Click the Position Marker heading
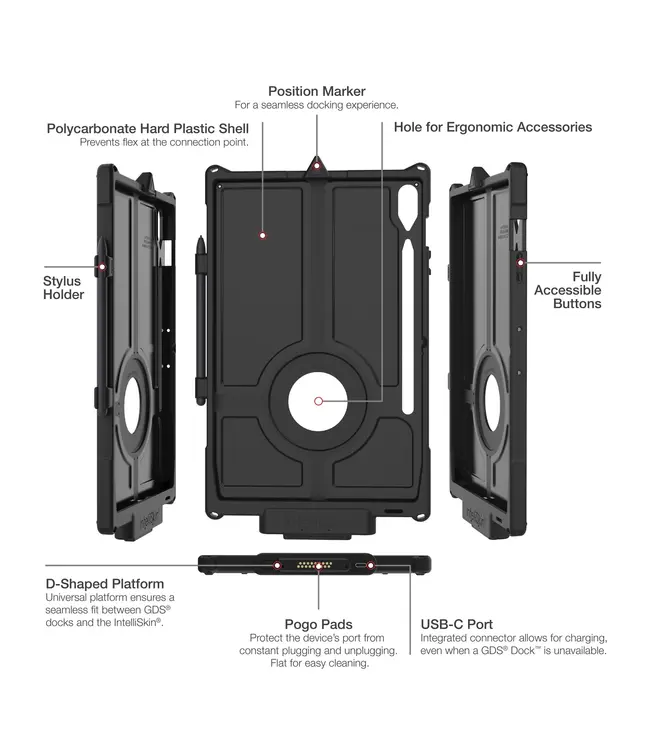317,91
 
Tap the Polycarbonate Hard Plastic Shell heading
148,129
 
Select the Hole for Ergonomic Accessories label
493,127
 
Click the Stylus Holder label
63,287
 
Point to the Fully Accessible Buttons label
568,290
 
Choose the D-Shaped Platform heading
105,584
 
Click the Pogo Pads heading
319,624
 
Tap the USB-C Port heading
457,624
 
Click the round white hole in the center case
319,401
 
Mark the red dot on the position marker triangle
316,166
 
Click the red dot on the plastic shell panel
262,235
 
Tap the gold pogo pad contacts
314,565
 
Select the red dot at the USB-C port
370,566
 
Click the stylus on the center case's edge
201,320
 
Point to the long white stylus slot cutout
408,327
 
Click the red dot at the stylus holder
102,267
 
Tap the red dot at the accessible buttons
520,263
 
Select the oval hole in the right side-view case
492,402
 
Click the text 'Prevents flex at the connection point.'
164,142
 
